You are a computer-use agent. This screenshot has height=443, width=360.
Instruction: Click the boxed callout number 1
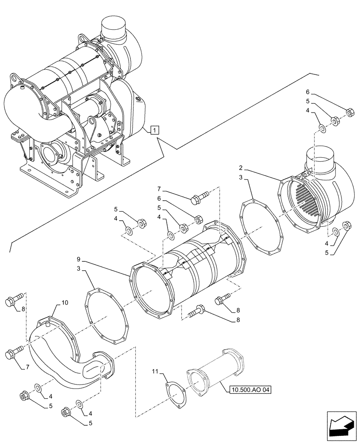[153, 130]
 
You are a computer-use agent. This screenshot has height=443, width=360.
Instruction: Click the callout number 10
[65, 303]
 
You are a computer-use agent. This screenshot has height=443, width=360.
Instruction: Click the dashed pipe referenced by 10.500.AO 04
[217, 372]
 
